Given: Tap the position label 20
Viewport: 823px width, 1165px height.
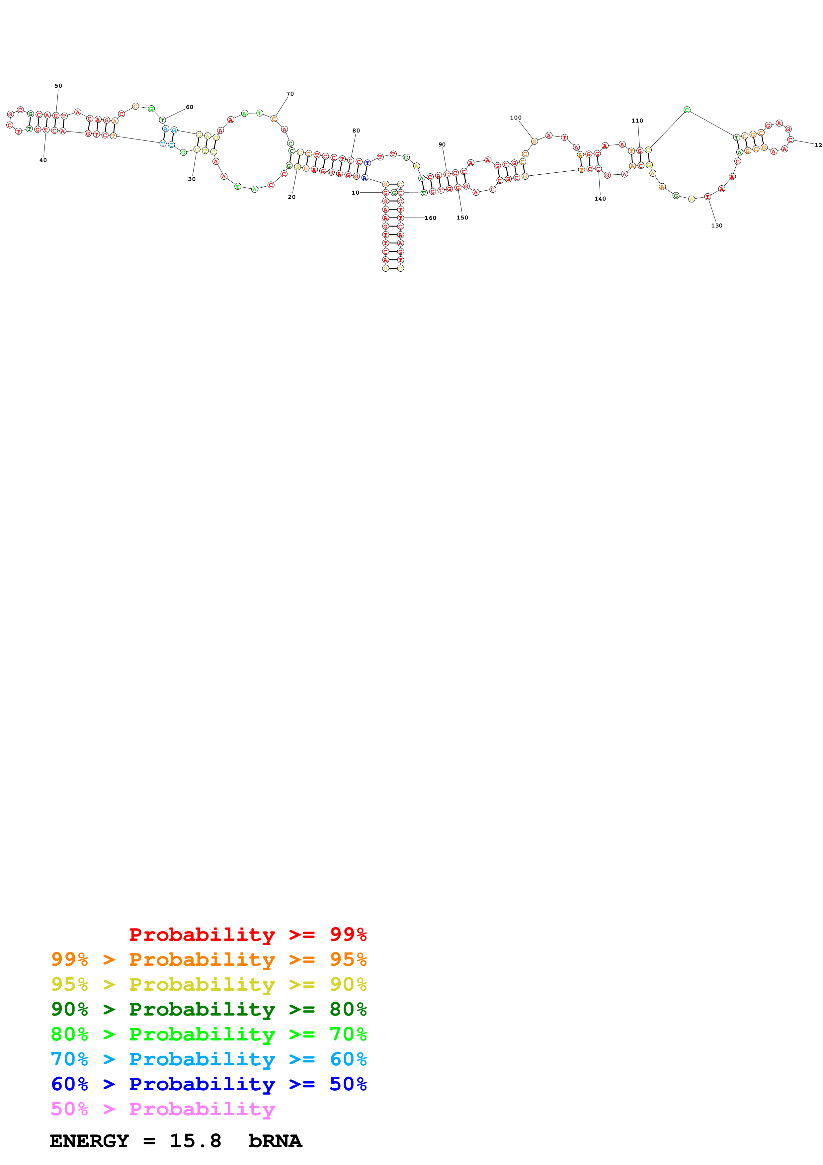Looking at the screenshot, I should [x=291, y=197].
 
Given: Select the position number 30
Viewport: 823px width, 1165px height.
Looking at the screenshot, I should [x=192, y=179].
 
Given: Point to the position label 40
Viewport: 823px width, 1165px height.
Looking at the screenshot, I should [x=43, y=160].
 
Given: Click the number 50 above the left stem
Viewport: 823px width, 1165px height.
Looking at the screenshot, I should [x=58, y=86].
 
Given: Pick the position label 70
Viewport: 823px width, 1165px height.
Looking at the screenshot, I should [x=290, y=94].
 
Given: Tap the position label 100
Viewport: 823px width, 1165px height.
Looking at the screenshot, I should [x=515, y=118].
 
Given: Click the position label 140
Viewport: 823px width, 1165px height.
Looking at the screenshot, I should [x=600, y=199].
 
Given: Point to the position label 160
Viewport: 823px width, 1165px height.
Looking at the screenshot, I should [x=431, y=218].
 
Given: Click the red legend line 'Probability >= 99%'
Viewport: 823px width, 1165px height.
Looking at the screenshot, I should [x=247, y=935].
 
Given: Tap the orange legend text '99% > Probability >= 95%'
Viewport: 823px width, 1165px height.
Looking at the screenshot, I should [x=208, y=959].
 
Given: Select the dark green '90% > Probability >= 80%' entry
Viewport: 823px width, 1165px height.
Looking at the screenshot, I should [x=208, y=1009].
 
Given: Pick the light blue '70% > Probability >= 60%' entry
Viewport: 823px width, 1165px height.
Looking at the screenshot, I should [x=208, y=1059].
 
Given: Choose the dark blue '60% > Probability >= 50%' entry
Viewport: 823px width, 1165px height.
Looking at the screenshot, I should [x=208, y=1084].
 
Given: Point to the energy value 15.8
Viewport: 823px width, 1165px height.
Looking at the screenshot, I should [x=195, y=1141].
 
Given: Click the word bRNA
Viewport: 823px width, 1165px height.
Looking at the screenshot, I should [x=275, y=1141].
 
